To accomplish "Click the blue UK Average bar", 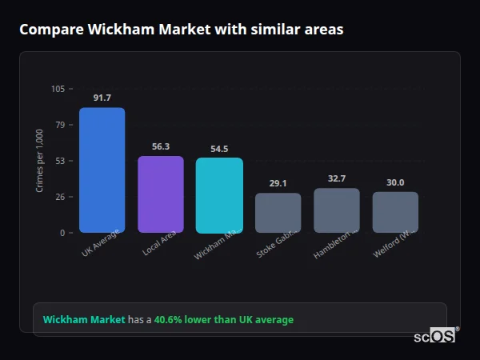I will point(102,170).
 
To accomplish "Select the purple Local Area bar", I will point(161,194).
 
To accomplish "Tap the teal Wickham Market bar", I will point(219,195).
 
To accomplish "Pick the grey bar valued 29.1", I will point(278,213).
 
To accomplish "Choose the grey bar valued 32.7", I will point(337,210).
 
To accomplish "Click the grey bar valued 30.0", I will point(395,212).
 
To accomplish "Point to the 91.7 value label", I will point(102,98).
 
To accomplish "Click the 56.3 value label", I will point(161,146).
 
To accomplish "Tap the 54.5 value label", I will point(219,148).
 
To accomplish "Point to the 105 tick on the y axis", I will point(58,89).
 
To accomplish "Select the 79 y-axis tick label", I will point(60,125).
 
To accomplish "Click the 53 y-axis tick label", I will point(60,161).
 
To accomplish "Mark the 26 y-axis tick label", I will point(60,197).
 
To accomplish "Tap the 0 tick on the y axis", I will point(62,233).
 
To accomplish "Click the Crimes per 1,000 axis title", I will point(39,161).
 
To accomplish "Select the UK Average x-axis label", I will point(101,243).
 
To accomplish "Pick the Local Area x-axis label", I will point(160,243).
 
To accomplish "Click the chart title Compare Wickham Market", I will point(181,30).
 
